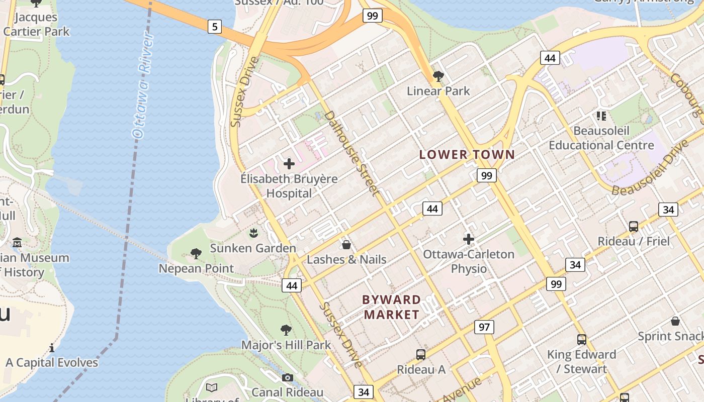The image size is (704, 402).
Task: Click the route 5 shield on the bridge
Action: click(x=215, y=27)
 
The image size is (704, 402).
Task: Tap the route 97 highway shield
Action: click(x=484, y=327)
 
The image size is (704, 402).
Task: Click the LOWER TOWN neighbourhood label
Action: click(x=467, y=155)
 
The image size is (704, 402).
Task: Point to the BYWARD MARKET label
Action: click(x=392, y=307)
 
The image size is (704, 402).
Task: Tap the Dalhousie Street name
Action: click(x=351, y=153)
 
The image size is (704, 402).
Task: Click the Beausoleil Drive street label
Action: click(x=649, y=169)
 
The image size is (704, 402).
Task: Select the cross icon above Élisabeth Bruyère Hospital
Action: click(x=289, y=163)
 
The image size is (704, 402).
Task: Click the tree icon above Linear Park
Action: click(x=438, y=76)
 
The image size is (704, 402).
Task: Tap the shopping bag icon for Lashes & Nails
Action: click(x=346, y=245)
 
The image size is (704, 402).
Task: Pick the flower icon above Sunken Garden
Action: click(x=253, y=233)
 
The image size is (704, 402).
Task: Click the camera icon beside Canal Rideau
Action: click(x=287, y=377)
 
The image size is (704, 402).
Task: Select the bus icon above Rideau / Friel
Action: click(x=633, y=227)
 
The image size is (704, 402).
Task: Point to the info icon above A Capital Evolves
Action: click(x=52, y=348)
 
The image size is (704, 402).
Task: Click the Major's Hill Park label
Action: click(x=286, y=345)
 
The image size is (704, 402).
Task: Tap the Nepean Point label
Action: click(x=196, y=268)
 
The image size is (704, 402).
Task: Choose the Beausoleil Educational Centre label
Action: click(x=601, y=138)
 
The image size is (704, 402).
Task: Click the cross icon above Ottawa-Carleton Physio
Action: click(x=469, y=239)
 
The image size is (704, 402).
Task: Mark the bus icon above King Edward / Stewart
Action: click(x=581, y=340)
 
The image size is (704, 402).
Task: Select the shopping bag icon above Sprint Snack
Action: click(x=675, y=321)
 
